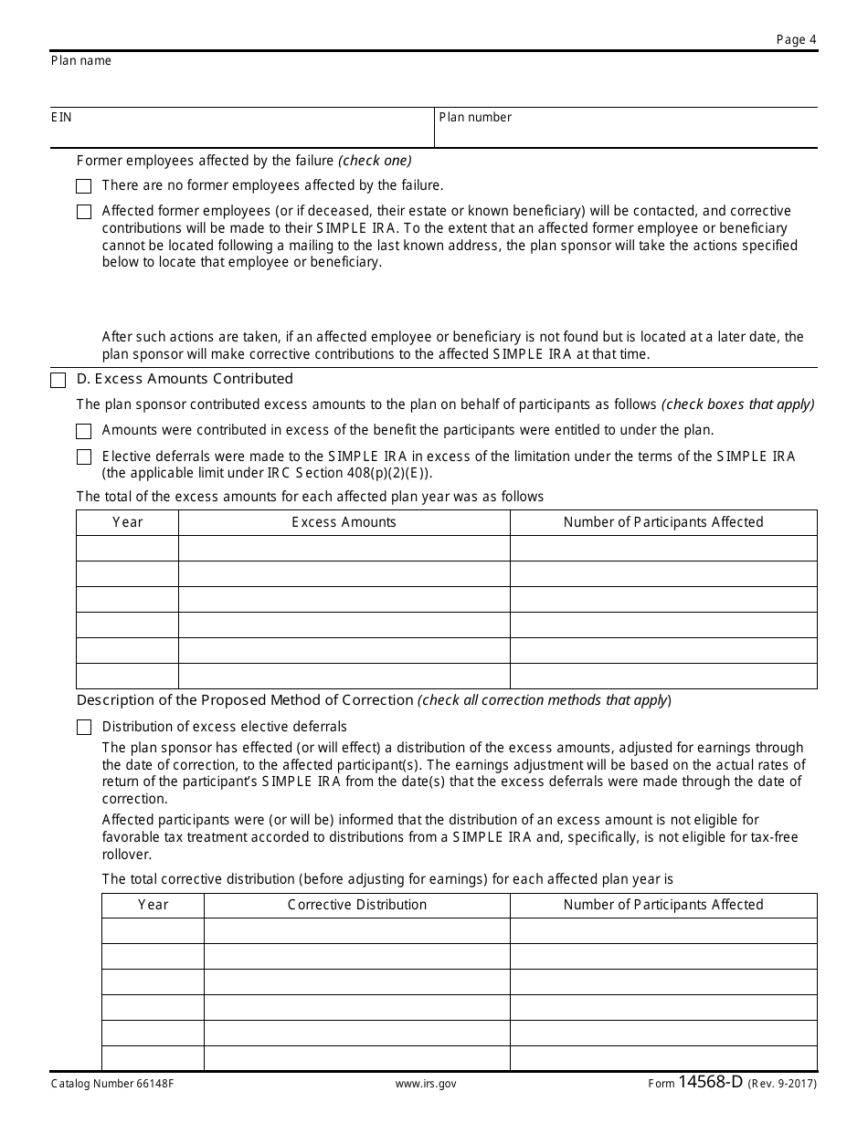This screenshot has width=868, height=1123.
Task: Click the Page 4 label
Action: click(796, 39)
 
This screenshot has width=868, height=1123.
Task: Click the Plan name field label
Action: click(81, 61)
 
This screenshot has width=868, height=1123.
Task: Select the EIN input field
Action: click(241, 133)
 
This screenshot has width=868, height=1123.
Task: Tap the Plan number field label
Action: click(475, 117)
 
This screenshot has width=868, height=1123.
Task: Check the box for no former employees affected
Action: click(84, 186)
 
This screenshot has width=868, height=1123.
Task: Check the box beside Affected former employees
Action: click(84, 212)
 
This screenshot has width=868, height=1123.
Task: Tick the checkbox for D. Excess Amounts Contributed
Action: click(58, 380)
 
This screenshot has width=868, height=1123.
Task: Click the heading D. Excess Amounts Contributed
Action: click(185, 379)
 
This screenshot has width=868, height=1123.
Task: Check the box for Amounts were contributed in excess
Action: click(84, 431)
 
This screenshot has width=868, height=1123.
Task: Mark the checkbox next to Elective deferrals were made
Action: click(84, 457)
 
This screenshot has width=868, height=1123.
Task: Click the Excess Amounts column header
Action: click(344, 522)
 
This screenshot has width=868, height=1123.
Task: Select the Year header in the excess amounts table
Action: click(128, 522)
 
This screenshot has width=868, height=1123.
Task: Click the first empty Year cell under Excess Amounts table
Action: click(128, 548)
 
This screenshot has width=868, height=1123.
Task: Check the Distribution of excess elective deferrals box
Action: click(84, 728)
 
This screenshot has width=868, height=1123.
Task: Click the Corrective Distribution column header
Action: click(356, 905)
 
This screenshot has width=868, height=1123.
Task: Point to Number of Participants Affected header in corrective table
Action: click(662, 905)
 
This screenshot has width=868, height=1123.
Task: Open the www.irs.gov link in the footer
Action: click(426, 1084)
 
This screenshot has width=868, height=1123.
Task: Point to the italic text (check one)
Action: click(375, 161)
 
